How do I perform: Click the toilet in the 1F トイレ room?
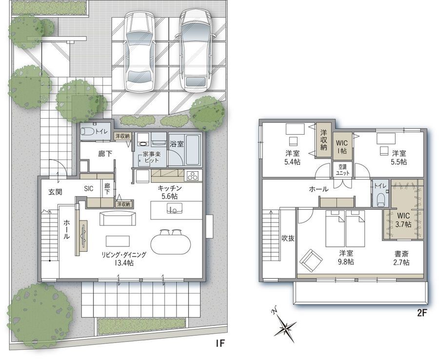(x=87, y=131)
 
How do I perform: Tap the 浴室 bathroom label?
(x=177, y=144)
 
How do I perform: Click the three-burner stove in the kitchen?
(x=193, y=176)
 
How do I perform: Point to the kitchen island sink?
(x=175, y=209)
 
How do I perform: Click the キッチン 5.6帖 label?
(x=170, y=192)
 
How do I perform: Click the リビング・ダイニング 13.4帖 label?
(x=124, y=259)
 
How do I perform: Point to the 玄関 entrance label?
(x=55, y=192)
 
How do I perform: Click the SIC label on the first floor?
(x=89, y=189)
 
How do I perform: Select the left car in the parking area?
(x=140, y=51)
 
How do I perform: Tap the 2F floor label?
(x=421, y=313)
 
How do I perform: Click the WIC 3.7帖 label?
(x=403, y=220)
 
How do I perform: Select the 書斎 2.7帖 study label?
(x=401, y=258)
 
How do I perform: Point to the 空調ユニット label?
(x=342, y=170)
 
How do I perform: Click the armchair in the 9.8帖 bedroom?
(x=311, y=260)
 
